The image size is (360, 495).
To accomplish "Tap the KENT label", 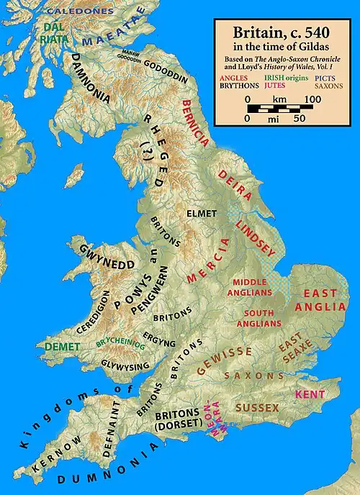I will (310, 395).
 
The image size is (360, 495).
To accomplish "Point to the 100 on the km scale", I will (312, 98).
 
